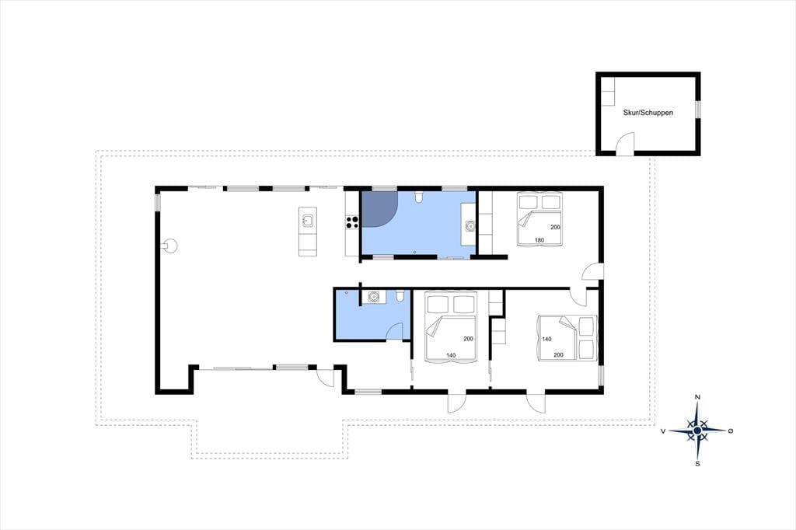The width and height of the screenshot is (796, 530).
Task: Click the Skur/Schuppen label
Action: point(648,113)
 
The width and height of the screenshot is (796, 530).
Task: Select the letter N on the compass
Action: point(697,397)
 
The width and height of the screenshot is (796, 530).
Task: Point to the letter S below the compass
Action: point(697,463)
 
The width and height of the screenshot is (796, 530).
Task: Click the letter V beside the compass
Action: point(663,431)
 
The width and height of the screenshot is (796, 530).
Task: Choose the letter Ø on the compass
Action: point(731,431)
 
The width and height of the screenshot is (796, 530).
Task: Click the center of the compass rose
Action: point(697,431)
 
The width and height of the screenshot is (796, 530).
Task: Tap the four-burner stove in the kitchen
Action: point(352,221)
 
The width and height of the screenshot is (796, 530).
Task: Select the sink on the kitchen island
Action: point(308,221)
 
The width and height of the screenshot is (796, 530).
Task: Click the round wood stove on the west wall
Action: point(170,246)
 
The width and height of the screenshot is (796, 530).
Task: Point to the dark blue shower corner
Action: point(376,207)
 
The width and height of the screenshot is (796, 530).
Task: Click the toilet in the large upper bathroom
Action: point(418,197)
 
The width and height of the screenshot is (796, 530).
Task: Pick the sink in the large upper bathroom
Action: point(470,226)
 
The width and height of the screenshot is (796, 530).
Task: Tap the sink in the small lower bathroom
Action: point(374,297)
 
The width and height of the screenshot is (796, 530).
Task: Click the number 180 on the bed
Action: point(539,240)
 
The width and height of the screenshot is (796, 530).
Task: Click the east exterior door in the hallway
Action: point(592,271)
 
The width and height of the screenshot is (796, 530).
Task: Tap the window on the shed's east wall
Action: point(697,109)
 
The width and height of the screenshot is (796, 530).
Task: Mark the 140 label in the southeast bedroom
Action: point(546,339)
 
